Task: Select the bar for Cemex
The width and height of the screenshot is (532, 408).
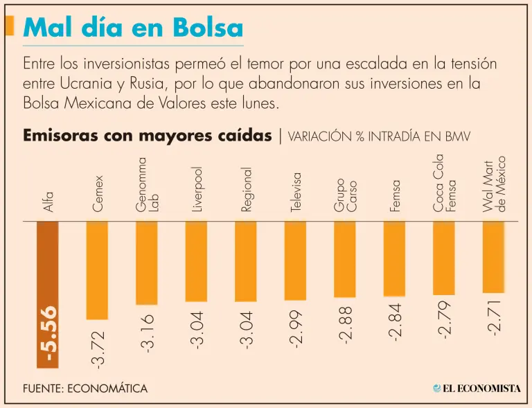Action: coord(97,270)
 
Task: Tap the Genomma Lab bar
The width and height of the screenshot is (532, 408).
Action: coord(146,263)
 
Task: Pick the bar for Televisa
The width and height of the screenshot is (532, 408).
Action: coord(295,260)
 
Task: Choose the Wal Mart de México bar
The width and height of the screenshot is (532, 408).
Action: coord(493,257)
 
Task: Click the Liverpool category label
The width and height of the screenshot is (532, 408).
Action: coord(197,189)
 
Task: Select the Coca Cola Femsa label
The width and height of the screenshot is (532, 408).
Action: coord(444,183)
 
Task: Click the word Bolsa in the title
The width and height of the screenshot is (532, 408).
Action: coord(208,28)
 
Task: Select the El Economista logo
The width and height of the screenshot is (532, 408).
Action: coord(477,389)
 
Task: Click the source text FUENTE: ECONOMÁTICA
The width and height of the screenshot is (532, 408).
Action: coord(85,389)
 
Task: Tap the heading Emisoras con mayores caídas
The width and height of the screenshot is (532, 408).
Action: coord(147,135)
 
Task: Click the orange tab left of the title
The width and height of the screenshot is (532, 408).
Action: coord(8,26)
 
